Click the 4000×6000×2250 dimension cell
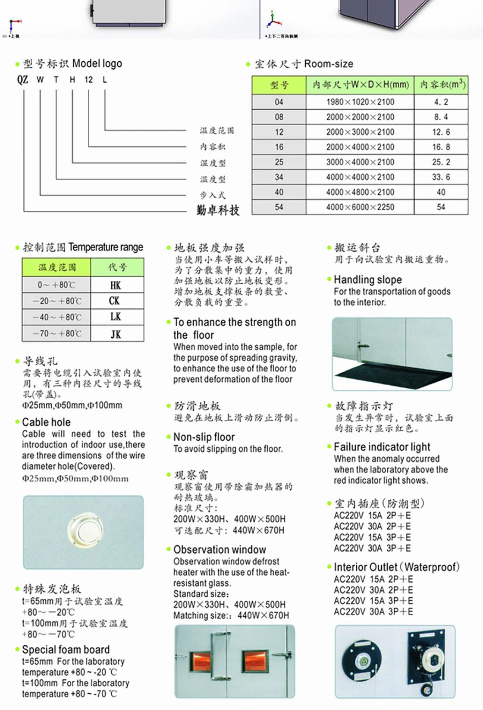tap(360, 207)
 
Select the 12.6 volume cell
tap(441, 132)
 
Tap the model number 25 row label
tap(279, 162)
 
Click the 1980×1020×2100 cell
tap(360, 102)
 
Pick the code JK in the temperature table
tap(116, 334)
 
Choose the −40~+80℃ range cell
tap(56, 317)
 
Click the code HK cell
tap(116, 285)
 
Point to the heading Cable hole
tap(46, 422)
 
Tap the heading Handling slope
tap(367, 279)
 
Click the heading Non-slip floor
tap(204, 437)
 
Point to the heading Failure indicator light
tap(382, 447)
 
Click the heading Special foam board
tap(66, 650)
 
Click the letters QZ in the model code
tap(22, 79)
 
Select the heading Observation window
tap(220, 550)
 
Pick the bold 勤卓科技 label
tap(218, 210)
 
